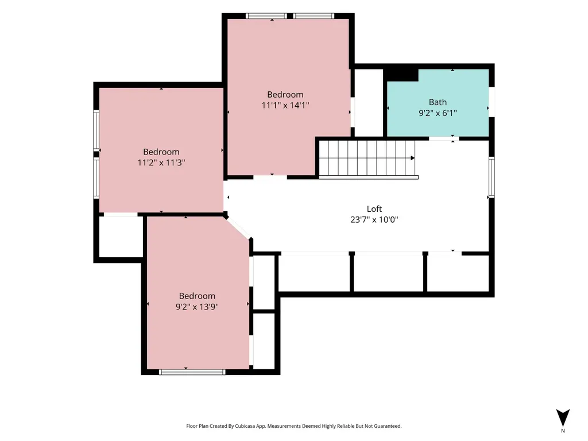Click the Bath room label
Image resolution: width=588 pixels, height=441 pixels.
point(438,102)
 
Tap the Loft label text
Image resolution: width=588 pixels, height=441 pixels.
point(374,209)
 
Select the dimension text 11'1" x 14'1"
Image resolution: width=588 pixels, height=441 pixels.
point(285,106)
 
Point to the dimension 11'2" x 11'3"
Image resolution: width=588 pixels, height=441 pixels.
point(161,163)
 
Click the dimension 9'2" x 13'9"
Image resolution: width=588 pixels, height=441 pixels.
point(198,307)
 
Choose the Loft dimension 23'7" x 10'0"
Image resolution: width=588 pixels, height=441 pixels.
point(374,220)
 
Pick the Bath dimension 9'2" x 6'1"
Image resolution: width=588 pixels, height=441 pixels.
point(438,113)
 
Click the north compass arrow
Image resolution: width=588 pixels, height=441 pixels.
point(563,417)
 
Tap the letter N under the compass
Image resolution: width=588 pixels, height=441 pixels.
point(563,431)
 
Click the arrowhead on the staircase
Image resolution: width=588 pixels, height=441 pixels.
point(412,158)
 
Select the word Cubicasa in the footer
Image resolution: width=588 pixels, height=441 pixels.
point(245,426)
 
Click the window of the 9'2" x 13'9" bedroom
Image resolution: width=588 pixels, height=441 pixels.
point(192,372)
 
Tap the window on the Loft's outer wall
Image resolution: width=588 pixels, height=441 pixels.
point(492,177)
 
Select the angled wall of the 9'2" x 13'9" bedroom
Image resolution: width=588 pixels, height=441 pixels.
point(238,227)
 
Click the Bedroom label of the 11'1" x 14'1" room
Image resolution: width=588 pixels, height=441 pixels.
point(285,95)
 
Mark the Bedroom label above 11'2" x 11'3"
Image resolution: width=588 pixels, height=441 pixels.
point(161,152)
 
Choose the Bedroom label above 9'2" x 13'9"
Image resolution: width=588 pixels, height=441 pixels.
point(198,296)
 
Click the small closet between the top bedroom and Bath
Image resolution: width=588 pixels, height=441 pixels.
point(369,103)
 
